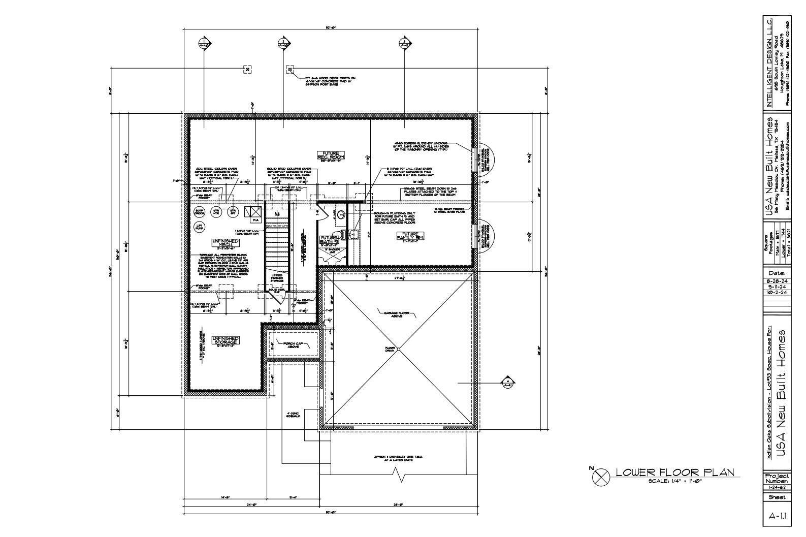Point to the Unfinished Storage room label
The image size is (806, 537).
pos(225,340)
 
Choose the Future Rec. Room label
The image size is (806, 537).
pos(331,155)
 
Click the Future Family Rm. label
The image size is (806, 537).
pos(410,236)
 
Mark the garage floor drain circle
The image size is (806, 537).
pos(398,349)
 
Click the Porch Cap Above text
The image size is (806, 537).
pos(293,345)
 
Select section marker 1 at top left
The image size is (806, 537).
pos(204,43)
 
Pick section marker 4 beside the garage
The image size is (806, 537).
pos(508,383)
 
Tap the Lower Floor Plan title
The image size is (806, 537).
pos(675,472)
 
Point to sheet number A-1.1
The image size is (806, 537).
pos(777,516)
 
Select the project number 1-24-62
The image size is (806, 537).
pos(777,487)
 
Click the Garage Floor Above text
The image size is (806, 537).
pos(397,314)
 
